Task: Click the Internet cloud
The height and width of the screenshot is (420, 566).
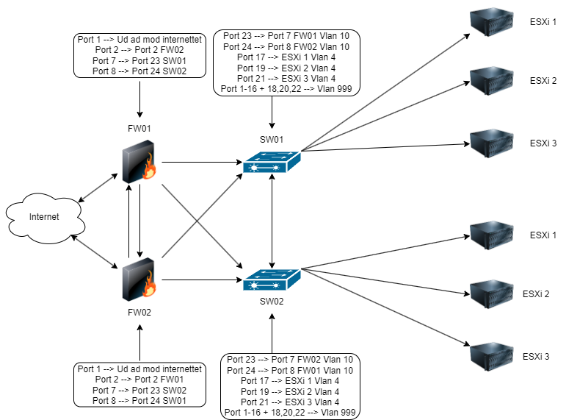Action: click(x=44, y=218)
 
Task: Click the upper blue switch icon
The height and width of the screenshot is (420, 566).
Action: click(x=272, y=163)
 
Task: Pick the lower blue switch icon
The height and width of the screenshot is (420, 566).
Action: click(x=272, y=280)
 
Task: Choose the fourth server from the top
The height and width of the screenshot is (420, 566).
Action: click(x=491, y=233)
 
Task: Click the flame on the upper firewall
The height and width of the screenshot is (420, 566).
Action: click(x=149, y=167)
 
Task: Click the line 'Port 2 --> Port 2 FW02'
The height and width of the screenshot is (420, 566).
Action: click(x=139, y=50)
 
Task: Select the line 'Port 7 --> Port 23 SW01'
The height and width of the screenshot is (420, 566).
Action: click(x=139, y=60)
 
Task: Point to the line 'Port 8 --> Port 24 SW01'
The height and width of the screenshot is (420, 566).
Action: click(x=139, y=401)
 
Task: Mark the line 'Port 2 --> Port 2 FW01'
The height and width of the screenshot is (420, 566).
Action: click(x=139, y=380)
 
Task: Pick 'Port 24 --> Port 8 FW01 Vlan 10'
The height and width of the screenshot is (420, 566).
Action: click(x=290, y=371)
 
